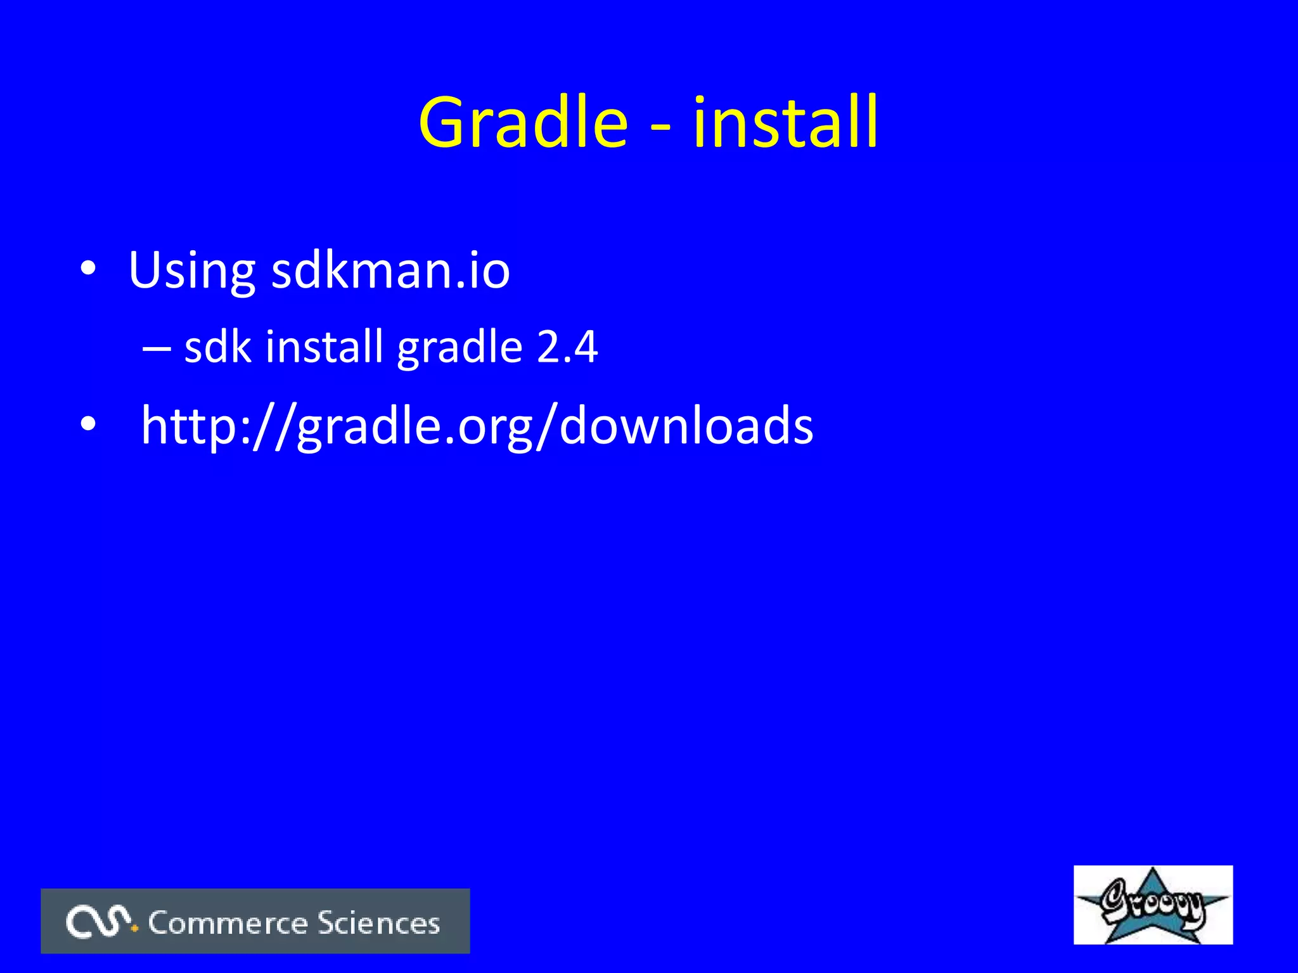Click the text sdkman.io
[390, 270]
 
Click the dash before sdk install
[157, 349]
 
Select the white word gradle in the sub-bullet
[459, 349]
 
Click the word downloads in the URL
[686, 426]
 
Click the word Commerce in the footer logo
[228, 923]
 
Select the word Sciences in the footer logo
[378, 923]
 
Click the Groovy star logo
[1152, 904]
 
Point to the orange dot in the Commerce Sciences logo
[134, 929]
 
